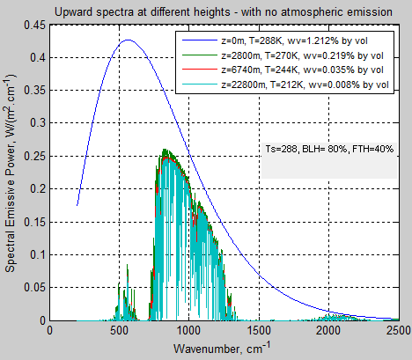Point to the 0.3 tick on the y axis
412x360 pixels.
click(38, 124)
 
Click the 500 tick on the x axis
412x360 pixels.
click(120, 332)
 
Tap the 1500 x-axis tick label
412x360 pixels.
click(259, 332)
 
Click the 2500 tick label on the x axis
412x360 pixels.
click(397, 332)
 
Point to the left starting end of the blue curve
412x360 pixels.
click(77, 205)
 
